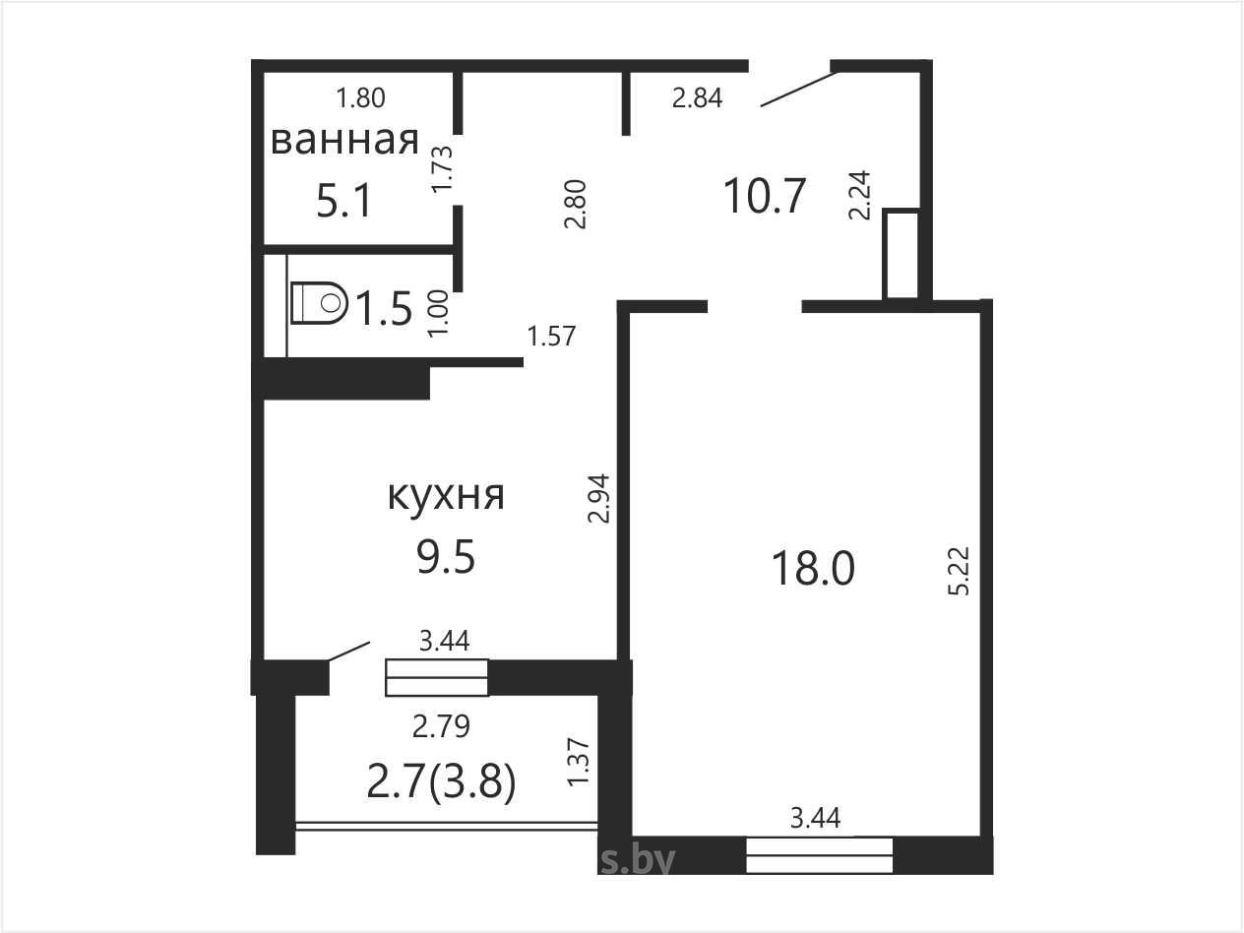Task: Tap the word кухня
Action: click(x=446, y=497)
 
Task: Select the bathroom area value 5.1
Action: click(x=344, y=202)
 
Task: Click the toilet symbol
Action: click(x=319, y=303)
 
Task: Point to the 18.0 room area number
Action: click(x=813, y=569)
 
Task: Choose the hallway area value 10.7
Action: click(x=765, y=196)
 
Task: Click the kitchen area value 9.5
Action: click(x=446, y=557)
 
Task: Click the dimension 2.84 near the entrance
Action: click(x=697, y=98)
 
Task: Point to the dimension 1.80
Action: click(x=361, y=98)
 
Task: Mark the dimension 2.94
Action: click(x=599, y=498)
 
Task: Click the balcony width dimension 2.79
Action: click(x=441, y=726)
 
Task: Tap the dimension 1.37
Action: click(x=580, y=762)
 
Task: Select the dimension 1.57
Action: click(x=551, y=336)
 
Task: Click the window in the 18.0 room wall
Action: click(x=820, y=856)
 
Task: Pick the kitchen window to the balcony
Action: click(x=436, y=677)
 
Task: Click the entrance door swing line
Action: click(x=800, y=90)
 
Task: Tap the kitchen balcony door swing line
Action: click(x=349, y=651)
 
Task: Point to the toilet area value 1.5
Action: click(x=384, y=309)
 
